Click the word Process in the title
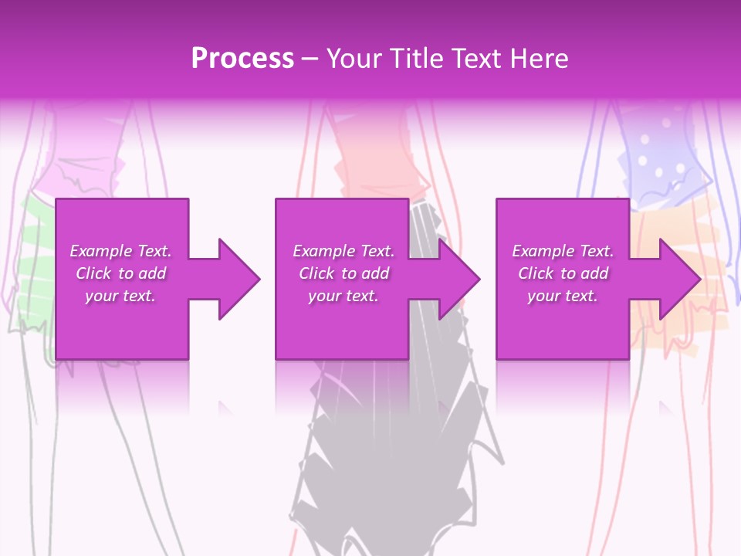click(x=242, y=59)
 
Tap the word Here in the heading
click(x=540, y=59)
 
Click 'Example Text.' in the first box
click(x=120, y=251)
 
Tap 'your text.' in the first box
click(x=120, y=296)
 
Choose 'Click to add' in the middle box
click(x=343, y=273)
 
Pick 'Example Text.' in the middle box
click(x=343, y=251)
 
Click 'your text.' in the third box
click(x=563, y=296)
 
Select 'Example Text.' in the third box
click(x=563, y=251)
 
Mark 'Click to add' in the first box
click(x=120, y=273)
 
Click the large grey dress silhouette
click(x=394, y=448)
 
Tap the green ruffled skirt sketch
click(x=35, y=263)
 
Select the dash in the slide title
click(x=310, y=59)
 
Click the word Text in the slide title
click(x=479, y=59)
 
